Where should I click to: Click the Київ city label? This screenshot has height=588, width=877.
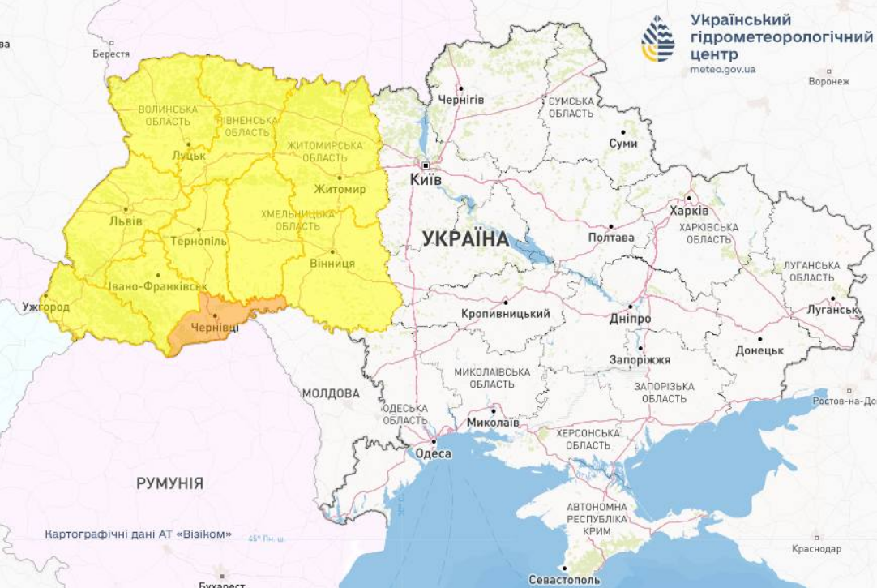426,179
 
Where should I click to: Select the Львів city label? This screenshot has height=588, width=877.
126,221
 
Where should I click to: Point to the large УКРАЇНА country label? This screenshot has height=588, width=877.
465,239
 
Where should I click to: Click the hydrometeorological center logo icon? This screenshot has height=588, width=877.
657,39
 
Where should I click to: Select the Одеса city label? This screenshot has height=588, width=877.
433,454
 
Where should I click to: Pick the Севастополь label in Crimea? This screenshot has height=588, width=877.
564,580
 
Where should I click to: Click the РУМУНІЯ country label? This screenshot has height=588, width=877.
169,484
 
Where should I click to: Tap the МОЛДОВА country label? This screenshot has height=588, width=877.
330,393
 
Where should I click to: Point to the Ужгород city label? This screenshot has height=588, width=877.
46,307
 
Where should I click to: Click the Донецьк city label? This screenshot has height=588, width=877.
759,350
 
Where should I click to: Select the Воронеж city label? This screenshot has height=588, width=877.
828,82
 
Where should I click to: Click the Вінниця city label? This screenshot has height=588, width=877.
332,264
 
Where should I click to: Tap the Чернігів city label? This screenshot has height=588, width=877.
460,99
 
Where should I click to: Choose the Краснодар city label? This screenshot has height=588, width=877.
816,549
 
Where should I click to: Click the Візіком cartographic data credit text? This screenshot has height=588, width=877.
139,534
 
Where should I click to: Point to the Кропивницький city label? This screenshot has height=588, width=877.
505,314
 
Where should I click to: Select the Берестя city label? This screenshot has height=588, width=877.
111,54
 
